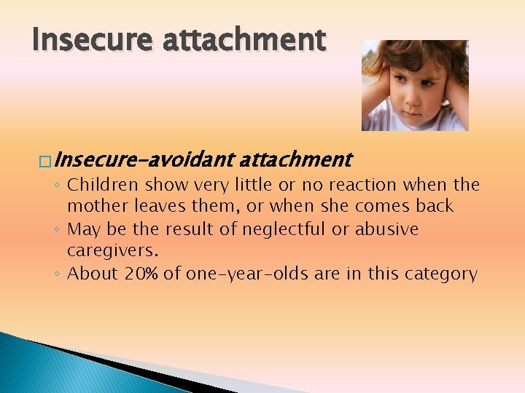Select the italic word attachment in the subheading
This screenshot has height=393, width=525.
295,159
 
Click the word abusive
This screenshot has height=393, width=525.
386,229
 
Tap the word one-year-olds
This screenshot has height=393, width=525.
247,274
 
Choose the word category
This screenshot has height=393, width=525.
443,274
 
